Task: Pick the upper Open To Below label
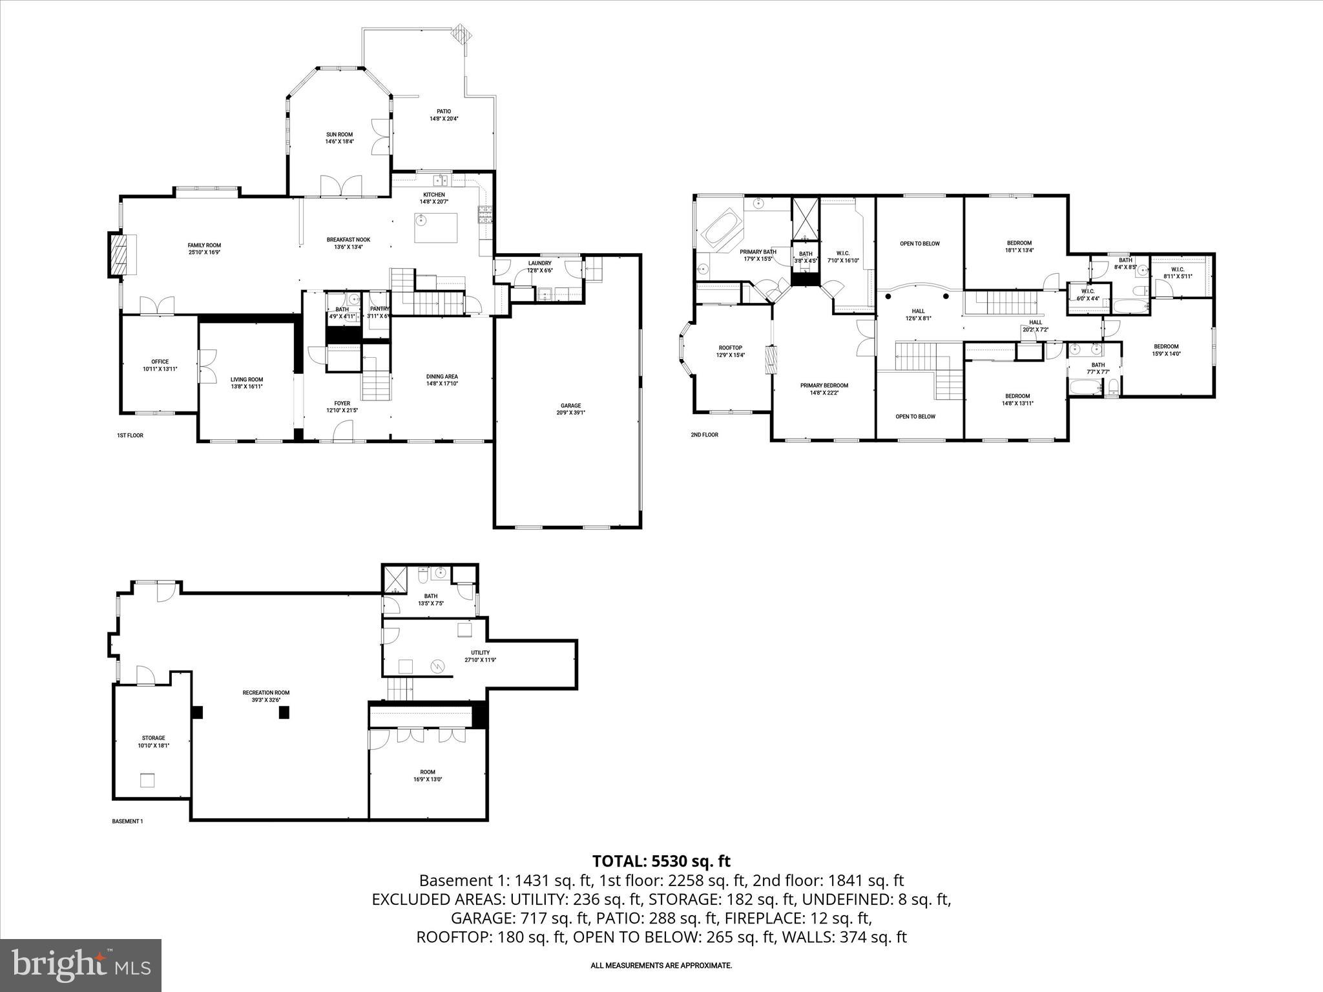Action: [x=920, y=243]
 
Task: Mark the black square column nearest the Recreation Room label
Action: [x=284, y=712]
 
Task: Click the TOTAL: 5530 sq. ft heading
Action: [x=661, y=861]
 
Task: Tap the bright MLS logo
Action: [x=81, y=966]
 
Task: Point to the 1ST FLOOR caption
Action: [x=130, y=436]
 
